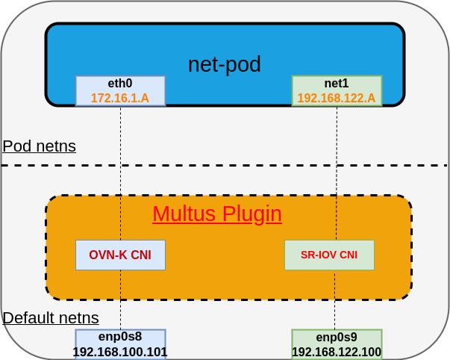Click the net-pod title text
tap(224, 64)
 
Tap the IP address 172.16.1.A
tap(120, 98)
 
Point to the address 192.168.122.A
tap(337, 98)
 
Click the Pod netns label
tap(39, 146)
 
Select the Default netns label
tap(51, 318)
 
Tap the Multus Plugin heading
tap(217, 214)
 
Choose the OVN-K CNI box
tap(120, 255)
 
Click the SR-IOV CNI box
tap(329, 255)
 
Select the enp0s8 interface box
tap(120, 337)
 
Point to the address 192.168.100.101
tap(120, 352)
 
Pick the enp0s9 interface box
tap(337, 337)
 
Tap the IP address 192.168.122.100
tap(337, 352)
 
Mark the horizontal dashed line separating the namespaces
tap(224, 165)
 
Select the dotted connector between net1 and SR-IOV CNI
tap(337, 187)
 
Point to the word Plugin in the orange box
tap(249, 214)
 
